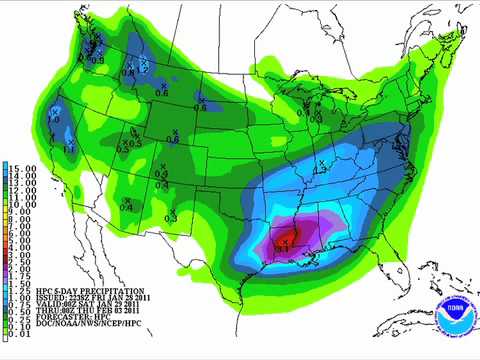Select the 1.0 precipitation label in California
[53, 120]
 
